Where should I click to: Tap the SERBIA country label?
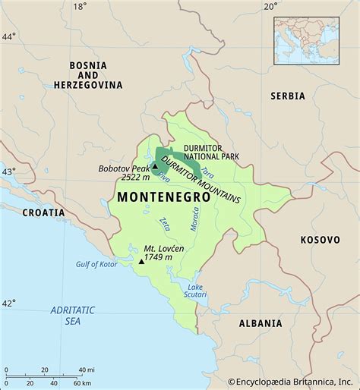pyautogui.click(x=287, y=96)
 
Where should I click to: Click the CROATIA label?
pyautogui.click(x=43, y=212)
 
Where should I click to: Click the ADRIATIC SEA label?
pyautogui.click(x=72, y=316)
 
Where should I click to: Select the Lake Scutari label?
pyautogui.click(x=195, y=291)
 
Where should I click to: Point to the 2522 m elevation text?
pyautogui.click(x=135, y=178)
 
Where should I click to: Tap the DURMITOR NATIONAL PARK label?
pyautogui.click(x=209, y=150)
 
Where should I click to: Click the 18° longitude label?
pyautogui.click(x=79, y=7)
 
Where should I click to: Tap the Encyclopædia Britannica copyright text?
pyautogui.click(x=292, y=382)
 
